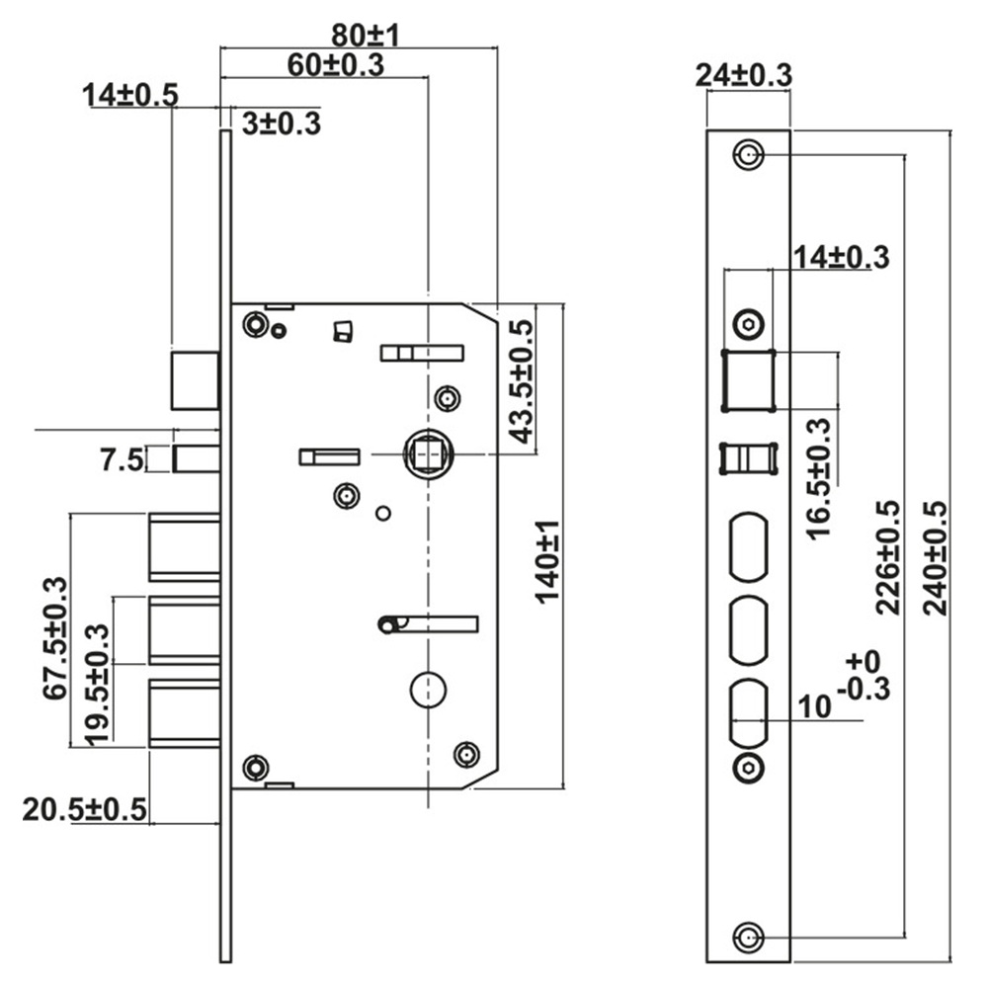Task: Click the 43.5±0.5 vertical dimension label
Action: [521, 380]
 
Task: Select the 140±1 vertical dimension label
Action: [547, 561]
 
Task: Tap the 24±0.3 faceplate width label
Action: [744, 74]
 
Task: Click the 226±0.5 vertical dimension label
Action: [887, 557]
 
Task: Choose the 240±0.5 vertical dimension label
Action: [934, 557]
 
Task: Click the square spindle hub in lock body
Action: [428, 453]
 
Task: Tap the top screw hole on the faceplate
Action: [748, 155]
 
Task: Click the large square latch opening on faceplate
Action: [748, 380]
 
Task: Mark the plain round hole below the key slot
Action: [427, 689]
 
